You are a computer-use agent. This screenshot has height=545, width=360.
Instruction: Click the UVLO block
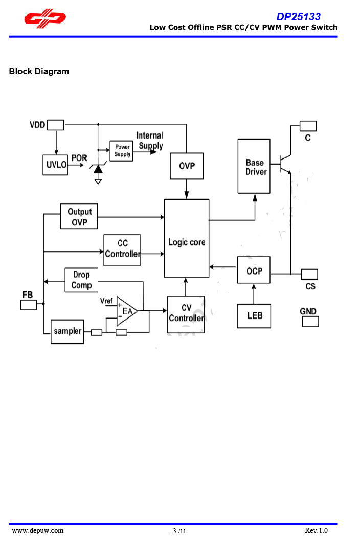point(55,165)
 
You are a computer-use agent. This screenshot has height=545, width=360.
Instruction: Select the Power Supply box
point(122,151)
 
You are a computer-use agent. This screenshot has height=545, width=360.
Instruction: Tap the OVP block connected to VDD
point(187,166)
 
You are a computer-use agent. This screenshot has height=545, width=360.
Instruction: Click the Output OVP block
point(79,217)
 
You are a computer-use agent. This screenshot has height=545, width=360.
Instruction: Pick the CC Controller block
point(122,249)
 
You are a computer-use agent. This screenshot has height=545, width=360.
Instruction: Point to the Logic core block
point(187,239)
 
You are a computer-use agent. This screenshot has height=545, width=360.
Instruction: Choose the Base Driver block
point(254,167)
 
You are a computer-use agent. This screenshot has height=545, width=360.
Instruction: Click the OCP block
point(254,270)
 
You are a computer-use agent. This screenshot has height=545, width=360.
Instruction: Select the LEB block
point(254,315)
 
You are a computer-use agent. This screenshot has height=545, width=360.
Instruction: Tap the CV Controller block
point(186,314)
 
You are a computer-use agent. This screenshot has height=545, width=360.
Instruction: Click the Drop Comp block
point(81,280)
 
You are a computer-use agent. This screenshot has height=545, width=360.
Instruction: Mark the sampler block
point(67,331)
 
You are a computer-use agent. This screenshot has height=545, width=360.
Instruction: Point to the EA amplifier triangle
point(126,310)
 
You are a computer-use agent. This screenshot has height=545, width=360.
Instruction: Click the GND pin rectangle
point(310,322)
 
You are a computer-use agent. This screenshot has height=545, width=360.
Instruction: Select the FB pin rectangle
point(29,305)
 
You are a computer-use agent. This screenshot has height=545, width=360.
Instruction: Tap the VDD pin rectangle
point(55,125)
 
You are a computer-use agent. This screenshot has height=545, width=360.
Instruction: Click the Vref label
point(106,301)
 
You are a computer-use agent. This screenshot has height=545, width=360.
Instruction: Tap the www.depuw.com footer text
point(38,530)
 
